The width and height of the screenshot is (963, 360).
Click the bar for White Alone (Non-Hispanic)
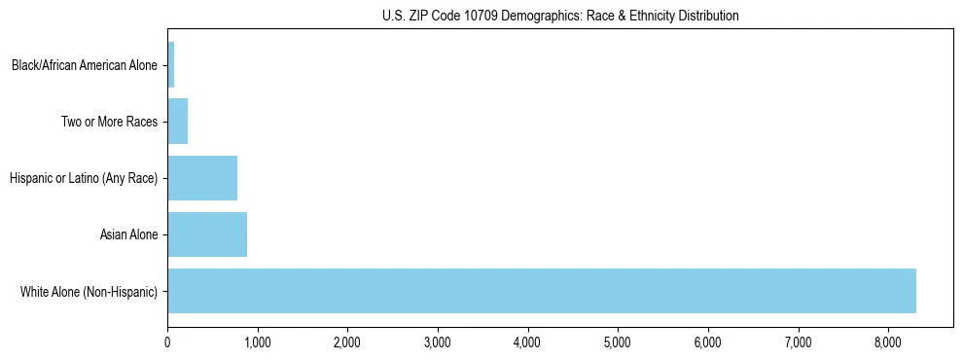pos(541,290)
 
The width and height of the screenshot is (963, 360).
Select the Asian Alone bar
pos(207,234)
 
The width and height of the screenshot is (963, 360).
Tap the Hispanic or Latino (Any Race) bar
pos(202,178)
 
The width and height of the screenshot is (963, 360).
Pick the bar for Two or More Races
pos(178,122)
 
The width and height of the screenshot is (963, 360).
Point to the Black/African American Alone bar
pos(171,65)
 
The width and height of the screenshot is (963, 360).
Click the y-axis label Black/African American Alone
pos(85,66)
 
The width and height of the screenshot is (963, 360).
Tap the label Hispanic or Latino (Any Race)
pos(84,178)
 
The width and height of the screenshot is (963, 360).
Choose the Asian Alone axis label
pos(128,234)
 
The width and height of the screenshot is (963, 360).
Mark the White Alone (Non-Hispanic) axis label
pos(89,291)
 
